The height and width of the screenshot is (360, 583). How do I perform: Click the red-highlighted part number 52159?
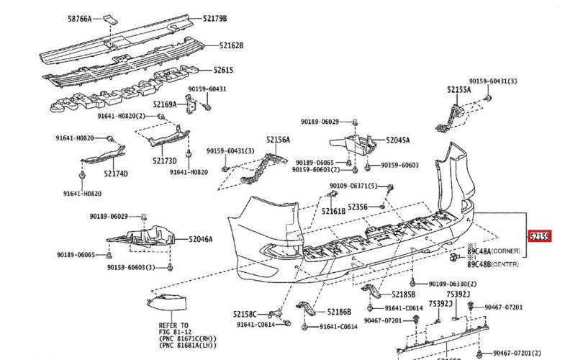point(540,235)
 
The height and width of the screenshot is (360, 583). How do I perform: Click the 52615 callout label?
point(223,70)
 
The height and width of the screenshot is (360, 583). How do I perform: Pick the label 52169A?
point(164,104)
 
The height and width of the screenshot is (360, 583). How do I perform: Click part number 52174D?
point(116,174)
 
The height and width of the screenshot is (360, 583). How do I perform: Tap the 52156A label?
point(278,140)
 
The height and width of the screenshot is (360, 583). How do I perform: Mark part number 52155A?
point(458,90)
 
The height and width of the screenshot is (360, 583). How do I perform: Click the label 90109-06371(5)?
point(354,186)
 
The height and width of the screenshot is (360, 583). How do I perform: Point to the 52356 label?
point(358,207)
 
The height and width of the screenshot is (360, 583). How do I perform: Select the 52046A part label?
point(201,238)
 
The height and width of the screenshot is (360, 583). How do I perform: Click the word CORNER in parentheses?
point(506,251)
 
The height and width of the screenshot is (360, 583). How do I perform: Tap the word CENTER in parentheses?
point(506,264)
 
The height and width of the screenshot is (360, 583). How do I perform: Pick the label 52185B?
point(404,294)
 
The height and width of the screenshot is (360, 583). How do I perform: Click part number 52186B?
point(339,312)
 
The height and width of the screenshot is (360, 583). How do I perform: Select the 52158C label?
point(245,314)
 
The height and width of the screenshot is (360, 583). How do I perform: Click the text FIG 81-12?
point(173,333)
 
